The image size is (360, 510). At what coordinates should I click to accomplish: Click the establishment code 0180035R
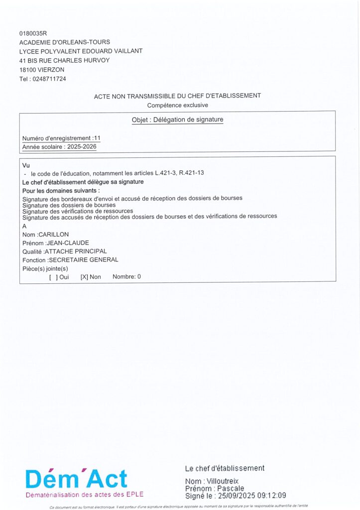[33, 33]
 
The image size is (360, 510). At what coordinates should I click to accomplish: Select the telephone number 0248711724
[49, 79]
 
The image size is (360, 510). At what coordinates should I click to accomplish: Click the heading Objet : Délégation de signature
[177, 120]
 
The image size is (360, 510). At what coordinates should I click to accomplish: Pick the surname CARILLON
[53, 234]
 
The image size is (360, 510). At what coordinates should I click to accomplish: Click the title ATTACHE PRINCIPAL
[76, 251]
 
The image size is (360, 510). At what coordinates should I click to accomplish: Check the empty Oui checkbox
[52, 277]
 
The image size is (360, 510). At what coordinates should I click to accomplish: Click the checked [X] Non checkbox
[84, 277]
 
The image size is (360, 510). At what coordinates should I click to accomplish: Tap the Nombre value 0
[139, 276]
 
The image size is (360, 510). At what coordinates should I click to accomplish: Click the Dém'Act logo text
[76, 479]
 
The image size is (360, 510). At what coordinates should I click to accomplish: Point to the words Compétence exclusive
[177, 105]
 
